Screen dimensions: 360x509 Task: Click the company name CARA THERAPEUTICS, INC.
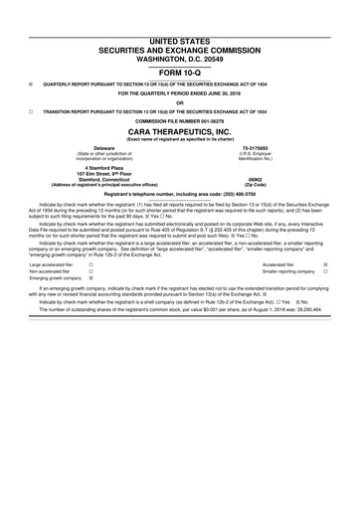point(180,131)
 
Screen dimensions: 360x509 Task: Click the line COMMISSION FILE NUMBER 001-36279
point(180,121)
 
